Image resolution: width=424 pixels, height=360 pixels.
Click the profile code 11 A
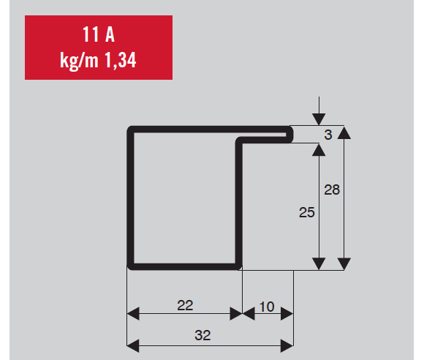[99, 34]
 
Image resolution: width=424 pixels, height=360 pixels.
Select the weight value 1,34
[120, 60]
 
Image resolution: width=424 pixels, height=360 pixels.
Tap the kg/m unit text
[79, 61]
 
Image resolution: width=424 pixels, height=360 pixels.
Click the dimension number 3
[328, 135]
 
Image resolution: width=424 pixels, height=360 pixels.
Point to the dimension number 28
[332, 190]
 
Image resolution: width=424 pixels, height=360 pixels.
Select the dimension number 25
[306, 212]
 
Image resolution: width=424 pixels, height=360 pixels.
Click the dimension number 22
[185, 305]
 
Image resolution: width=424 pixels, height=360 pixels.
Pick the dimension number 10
[267, 307]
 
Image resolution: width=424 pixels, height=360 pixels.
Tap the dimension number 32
[202, 335]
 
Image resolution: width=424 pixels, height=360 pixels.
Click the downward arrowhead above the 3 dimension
[319, 119]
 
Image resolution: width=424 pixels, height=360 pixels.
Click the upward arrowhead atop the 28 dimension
[344, 132]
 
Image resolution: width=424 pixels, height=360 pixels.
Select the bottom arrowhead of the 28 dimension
[344, 264]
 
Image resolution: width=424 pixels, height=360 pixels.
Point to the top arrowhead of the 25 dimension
[319, 150]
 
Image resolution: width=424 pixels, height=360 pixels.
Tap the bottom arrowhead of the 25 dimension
[319, 264]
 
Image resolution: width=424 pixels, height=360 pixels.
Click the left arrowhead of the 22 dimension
[133, 314]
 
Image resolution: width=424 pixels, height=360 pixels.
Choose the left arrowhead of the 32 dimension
[133, 346]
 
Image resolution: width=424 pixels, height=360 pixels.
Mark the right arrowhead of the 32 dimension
[287, 346]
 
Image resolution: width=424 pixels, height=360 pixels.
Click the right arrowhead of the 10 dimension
[287, 314]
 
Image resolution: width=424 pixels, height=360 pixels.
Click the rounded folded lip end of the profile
[290, 134]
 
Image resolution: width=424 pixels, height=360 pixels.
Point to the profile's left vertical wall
[130, 198]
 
